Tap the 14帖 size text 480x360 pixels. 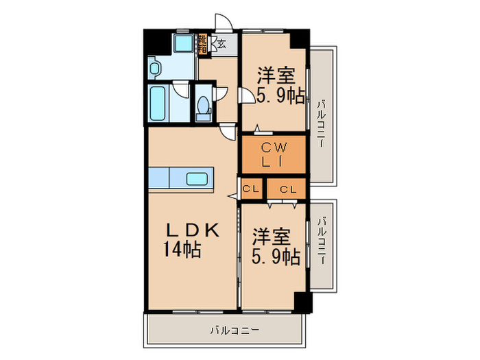[182, 250]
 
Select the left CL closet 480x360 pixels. [250, 189]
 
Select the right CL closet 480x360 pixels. [287, 189]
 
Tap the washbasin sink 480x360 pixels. [154, 69]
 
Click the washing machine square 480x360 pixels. [182, 45]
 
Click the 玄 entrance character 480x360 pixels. [223, 45]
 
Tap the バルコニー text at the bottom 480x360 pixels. [235, 330]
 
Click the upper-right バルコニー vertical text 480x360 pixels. [322, 123]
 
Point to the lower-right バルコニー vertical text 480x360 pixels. [322, 241]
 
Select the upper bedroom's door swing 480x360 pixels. [245, 97]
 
